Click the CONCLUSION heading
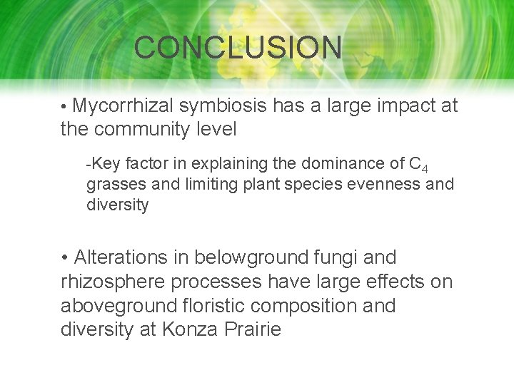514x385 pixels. tap(238, 48)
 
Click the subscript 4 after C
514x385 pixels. tap(425, 168)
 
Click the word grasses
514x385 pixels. tap(113, 185)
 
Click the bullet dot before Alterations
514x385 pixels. tap(65, 258)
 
